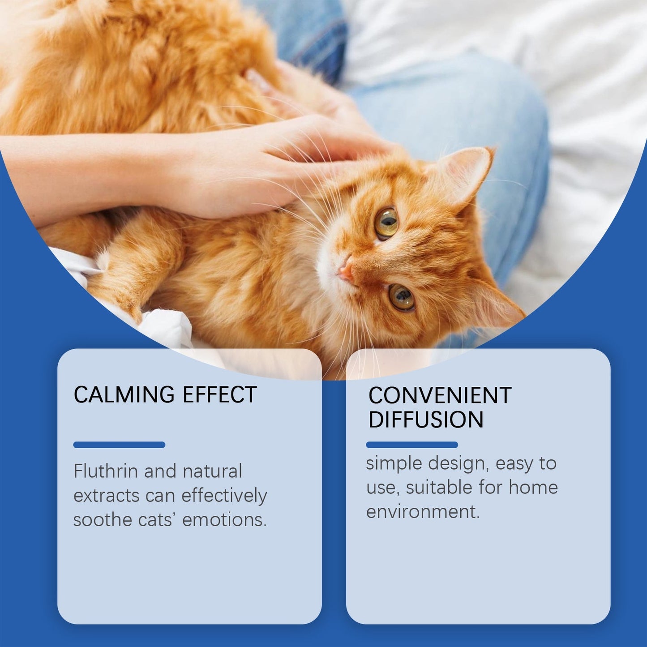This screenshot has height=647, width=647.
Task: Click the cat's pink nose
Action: (345, 270)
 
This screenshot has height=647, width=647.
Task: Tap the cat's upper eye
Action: (386, 223)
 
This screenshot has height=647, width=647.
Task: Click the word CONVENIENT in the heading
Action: (440, 395)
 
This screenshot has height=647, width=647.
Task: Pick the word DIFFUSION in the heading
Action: (426, 420)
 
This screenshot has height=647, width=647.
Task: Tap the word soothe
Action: (103, 520)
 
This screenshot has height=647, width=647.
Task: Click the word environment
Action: (423, 511)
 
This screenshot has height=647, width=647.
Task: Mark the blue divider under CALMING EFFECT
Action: (119, 445)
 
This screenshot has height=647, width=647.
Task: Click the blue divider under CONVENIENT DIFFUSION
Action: (412, 445)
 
